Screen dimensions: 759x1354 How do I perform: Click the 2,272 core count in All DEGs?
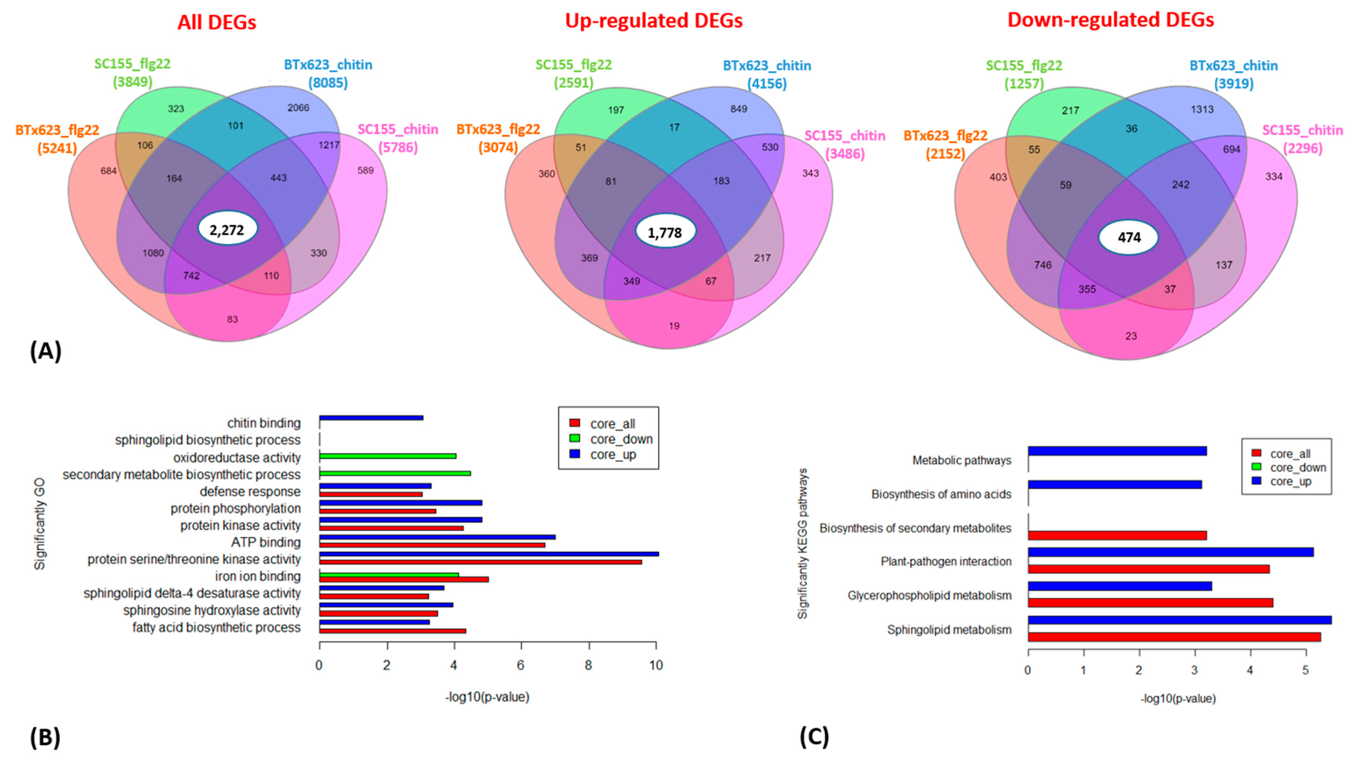click(x=227, y=229)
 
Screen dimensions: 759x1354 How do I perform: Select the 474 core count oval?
click(x=1128, y=238)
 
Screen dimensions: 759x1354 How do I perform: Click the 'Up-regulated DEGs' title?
click(x=653, y=20)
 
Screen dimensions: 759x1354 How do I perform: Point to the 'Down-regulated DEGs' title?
click(x=1110, y=20)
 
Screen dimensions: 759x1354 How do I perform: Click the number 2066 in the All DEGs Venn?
click(x=298, y=108)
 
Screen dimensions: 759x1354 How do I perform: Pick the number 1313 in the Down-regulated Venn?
click(x=1202, y=109)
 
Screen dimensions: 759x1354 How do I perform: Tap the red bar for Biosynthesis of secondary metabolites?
click(x=1117, y=536)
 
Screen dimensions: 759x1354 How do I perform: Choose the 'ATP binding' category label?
click(x=266, y=542)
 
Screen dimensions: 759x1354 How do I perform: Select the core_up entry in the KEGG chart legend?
click(x=1291, y=481)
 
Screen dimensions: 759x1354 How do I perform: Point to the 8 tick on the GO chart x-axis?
click(x=588, y=665)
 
